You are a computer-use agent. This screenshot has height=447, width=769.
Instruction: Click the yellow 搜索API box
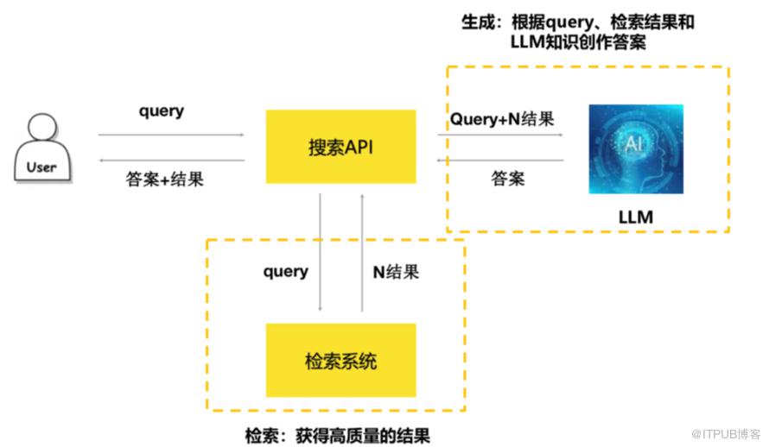pos(340,147)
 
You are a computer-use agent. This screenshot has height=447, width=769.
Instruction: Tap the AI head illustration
pos(635,148)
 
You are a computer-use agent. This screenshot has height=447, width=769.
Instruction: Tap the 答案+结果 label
pos(164,180)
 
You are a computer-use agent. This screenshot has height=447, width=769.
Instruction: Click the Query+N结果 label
pos(501,119)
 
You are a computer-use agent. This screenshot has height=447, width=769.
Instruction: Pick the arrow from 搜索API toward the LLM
pos(500,135)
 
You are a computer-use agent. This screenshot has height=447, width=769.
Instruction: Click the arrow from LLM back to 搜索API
pos(500,161)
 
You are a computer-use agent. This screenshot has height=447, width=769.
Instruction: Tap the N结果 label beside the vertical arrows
pos(396,272)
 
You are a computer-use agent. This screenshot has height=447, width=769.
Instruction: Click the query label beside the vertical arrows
pos(285,272)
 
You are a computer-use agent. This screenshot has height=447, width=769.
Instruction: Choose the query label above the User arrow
pos(162,111)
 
